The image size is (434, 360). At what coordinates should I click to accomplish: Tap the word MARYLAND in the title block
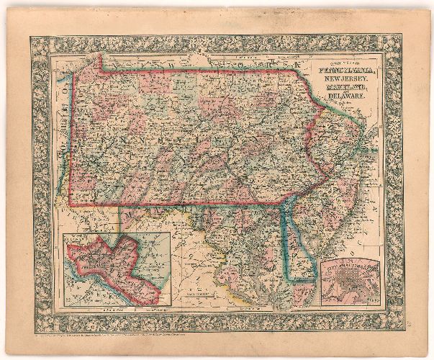pyautogui.click(x=343, y=89)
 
